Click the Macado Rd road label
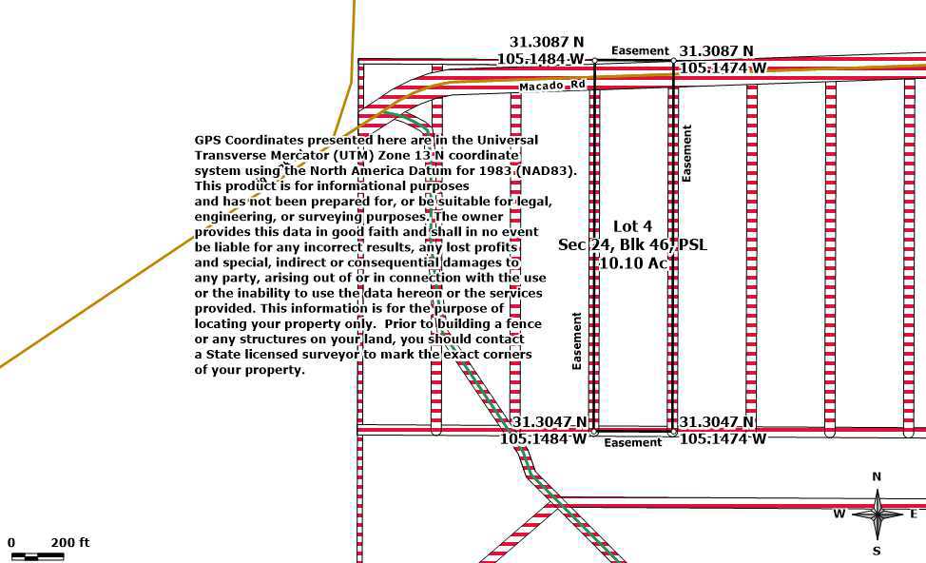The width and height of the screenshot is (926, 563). pyautogui.click(x=552, y=86)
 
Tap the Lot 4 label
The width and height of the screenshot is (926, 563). pyautogui.click(x=632, y=226)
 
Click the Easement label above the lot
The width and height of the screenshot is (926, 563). pyautogui.click(x=640, y=50)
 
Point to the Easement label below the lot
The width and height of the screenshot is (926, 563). pyautogui.click(x=633, y=442)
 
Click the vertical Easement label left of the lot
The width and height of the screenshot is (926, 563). pyautogui.click(x=577, y=340)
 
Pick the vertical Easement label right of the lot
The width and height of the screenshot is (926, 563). pyautogui.click(x=686, y=153)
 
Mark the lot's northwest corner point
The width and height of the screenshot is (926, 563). pyautogui.click(x=595, y=61)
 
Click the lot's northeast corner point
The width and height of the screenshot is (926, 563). pyautogui.click(x=674, y=61)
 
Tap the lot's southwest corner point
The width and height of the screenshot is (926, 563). pyautogui.click(x=595, y=433)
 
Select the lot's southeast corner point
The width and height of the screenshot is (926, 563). pyautogui.click(x=673, y=433)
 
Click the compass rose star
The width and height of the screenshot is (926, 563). pyautogui.click(x=878, y=514)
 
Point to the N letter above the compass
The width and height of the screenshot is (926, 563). pyautogui.click(x=877, y=476)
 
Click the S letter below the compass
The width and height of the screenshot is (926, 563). pyautogui.click(x=877, y=552)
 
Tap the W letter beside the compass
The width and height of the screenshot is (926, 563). pyautogui.click(x=839, y=514)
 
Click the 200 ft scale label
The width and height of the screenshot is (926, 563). pyautogui.click(x=70, y=542)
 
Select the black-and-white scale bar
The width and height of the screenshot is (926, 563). pyautogui.click(x=38, y=556)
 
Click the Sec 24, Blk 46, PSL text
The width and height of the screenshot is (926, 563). pyautogui.click(x=632, y=244)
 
